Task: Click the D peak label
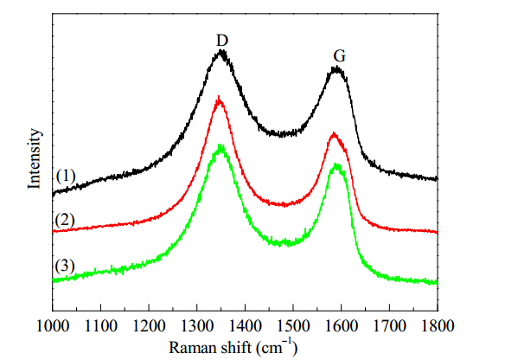pos(222,41)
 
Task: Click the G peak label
pos(340,56)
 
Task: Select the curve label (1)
pos(66,177)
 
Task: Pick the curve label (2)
pos(65,221)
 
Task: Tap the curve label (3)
pos(65,267)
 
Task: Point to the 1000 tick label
pos(53,326)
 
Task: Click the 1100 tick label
pos(101,326)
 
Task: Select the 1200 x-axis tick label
pos(149,326)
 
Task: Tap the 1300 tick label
pos(197,326)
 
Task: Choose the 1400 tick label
pos(245,326)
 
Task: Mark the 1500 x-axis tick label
pos(293,326)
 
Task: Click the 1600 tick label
pos(342,326)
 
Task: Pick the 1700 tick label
pos(390,326)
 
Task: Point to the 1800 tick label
pos(438,326)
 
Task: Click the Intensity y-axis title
pos(34,158)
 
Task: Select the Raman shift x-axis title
pos(233,348)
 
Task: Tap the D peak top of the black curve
pos(221,50)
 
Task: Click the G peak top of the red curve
pos(334,132)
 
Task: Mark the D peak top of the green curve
pos(221,145)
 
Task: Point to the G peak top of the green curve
pos(336,164)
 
